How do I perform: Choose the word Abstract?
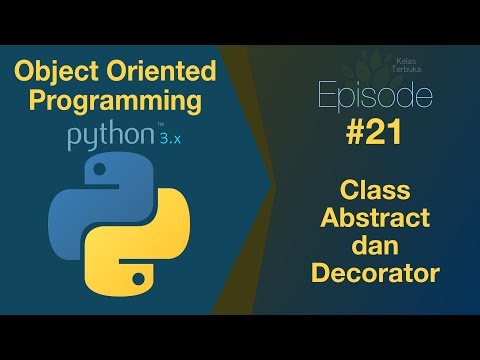[377, 217]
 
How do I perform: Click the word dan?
[377, 244]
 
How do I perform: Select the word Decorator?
[377, 271]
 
